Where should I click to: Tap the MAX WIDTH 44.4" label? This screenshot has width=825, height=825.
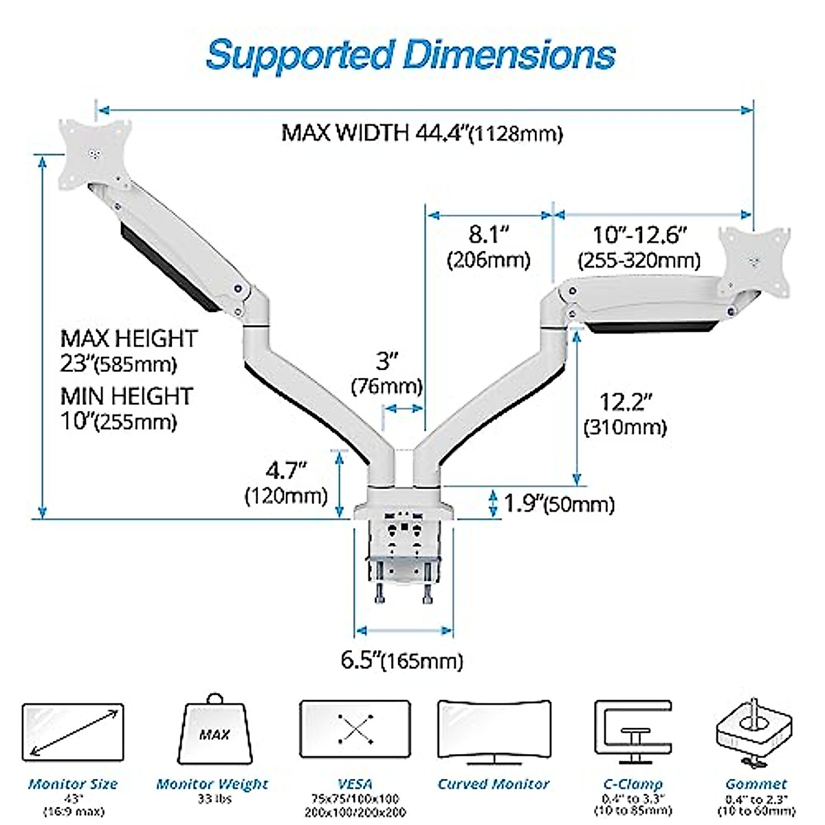421,132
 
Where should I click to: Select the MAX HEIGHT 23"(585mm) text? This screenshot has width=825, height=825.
129,350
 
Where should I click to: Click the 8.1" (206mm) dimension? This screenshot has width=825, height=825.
489,246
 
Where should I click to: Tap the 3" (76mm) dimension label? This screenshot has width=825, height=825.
386,373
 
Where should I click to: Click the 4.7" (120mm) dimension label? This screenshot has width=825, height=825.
286,483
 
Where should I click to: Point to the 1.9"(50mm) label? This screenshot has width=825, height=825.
558,504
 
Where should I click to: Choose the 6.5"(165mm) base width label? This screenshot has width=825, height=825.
402,661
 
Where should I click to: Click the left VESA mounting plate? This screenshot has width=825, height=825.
95,153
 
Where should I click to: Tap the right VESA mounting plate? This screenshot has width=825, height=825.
754,260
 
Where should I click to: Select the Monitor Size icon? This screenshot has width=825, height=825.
72,733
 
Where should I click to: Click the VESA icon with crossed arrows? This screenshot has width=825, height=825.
355,731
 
